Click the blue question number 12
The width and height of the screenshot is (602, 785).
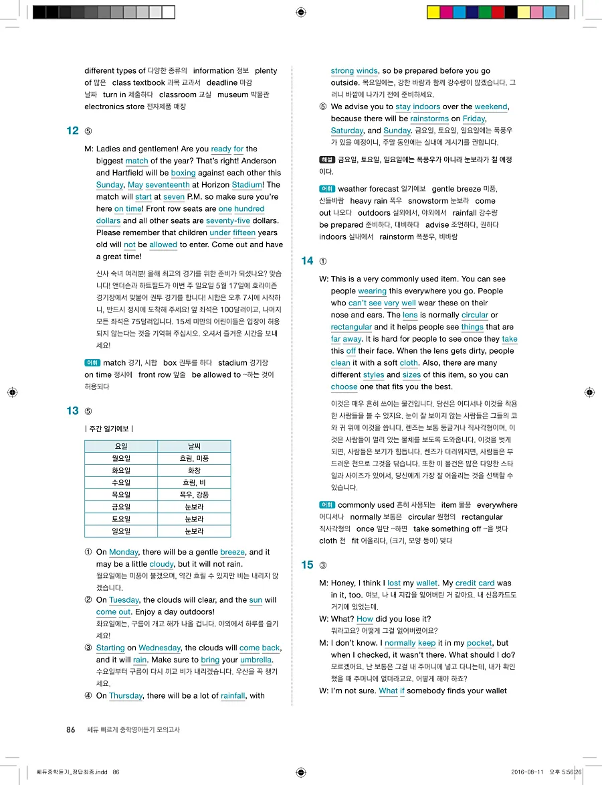(73, 131)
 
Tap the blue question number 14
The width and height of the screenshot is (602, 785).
(308, 261)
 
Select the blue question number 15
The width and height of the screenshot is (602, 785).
(308, 565)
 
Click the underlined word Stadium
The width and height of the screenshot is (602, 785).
(247, 185)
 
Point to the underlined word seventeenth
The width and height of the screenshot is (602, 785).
(168, 185)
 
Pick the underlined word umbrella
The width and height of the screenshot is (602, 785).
(256, 660)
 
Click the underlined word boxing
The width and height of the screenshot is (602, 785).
(183, 173)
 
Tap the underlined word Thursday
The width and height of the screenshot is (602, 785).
(126, 696)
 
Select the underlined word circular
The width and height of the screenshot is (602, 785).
(475, 315)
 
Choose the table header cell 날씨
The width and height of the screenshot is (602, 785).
(194, 446)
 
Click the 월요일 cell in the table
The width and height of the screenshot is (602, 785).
(121, 458)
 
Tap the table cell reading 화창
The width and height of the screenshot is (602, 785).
(194, 470)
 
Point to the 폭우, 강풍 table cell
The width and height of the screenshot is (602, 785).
(194, 495)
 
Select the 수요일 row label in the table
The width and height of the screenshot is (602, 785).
(121, 483)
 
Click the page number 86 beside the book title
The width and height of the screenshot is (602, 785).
(71, 729)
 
